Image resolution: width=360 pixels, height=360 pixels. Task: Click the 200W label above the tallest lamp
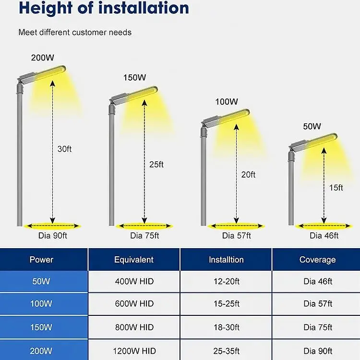coord(42,58)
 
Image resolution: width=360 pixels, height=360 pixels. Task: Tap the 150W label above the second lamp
coord(134,77)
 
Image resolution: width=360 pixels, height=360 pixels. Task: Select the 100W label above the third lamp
coord(227,102)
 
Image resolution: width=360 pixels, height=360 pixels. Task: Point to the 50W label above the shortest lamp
coord(312,127)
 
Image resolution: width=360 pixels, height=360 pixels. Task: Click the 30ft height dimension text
coord(64,149)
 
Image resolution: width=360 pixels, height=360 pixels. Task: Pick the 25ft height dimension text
coord(156,164)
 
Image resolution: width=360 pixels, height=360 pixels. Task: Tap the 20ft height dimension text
coord(248,175)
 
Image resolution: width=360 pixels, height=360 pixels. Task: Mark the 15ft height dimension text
coord(336,188)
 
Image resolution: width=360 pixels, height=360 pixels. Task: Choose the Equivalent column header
coord(134,260)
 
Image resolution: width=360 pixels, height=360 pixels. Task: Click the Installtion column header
coord(226,260)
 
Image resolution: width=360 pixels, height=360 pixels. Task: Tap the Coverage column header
coord(317,260)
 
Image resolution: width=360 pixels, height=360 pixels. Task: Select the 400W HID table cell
coord(134,281)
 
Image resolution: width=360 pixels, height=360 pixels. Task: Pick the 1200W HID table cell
coord(134,351)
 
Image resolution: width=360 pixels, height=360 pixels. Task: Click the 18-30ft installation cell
coord(226,327)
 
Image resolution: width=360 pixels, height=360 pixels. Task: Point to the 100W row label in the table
coord(41,304)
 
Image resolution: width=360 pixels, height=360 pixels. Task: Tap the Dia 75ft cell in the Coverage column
coord(318,327)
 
